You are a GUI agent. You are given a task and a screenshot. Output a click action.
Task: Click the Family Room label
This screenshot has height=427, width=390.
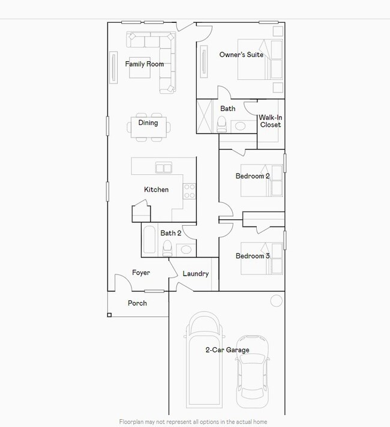coord(145,64)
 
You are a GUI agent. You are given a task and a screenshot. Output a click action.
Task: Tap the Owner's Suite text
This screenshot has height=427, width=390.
coord(241,55)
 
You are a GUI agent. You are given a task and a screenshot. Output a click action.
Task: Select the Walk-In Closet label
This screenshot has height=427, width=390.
coord(270,121)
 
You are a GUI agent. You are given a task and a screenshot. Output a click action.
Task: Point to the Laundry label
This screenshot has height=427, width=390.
coord(196,274)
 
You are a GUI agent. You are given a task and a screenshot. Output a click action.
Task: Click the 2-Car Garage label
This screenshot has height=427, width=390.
coord(227,350)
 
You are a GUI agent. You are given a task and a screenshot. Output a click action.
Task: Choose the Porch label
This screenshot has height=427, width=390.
coord(137,303)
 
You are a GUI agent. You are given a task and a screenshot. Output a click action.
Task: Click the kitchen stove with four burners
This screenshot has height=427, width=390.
coord(189,191)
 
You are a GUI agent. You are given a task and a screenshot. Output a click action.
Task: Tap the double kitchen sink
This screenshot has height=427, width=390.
coord(164,168)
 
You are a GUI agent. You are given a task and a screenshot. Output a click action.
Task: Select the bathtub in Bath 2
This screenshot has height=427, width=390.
coord(149,240)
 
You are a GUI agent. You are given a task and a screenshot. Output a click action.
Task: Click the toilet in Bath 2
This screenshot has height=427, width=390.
coord(167,249)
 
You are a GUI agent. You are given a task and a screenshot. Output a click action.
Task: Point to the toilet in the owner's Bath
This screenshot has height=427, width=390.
coord(221,124)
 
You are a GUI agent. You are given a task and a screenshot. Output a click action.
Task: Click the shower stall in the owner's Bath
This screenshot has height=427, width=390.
coord(205,117)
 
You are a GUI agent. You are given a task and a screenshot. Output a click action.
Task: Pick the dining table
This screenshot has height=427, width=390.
coord(149,127)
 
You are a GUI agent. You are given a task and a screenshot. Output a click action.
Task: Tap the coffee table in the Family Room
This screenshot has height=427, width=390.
coord(140,67)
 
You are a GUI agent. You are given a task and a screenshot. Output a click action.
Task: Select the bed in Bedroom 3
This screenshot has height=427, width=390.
coord(262,258)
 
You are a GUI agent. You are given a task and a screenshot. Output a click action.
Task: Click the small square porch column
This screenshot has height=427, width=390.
coord(109,315)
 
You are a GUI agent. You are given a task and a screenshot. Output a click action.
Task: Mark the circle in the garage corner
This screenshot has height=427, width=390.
coord(276,301)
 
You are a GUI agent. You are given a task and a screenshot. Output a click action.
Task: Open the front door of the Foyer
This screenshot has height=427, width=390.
coord(123,280)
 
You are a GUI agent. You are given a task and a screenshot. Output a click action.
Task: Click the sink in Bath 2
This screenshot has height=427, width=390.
coord(186,250)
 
